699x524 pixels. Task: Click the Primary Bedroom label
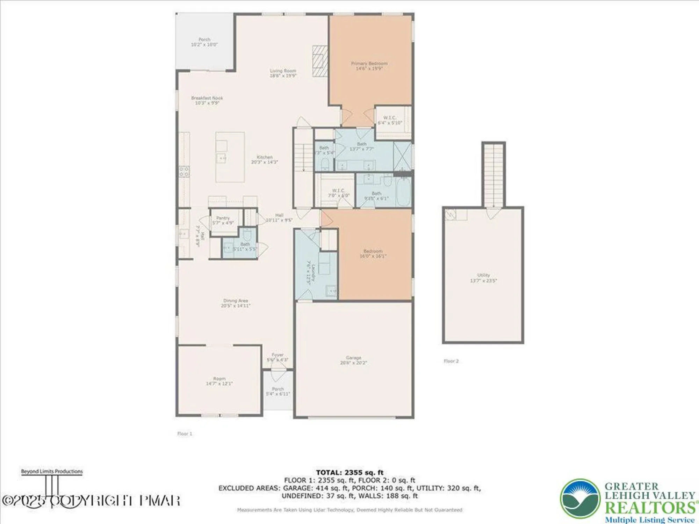point(369,64)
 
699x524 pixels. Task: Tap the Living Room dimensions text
point(283,75)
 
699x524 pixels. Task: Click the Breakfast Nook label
point(207,98)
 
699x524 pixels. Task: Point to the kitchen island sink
point(222,158)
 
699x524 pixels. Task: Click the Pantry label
point(223,218)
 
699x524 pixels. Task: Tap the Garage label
point(353,358)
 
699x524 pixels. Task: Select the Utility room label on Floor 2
point(483,275)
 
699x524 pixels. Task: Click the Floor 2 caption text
point(451,361)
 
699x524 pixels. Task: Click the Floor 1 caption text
point(185,434)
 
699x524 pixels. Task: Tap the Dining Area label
point(235,301)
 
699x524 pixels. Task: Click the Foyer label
point(278,355)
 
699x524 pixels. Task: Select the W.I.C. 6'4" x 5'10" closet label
point(390,121)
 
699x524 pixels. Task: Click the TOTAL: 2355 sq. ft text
point(349,473)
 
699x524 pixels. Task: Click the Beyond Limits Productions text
point(52,472)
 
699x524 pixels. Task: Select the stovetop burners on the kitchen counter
point(185,172)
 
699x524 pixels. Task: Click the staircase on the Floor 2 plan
point(493,175)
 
